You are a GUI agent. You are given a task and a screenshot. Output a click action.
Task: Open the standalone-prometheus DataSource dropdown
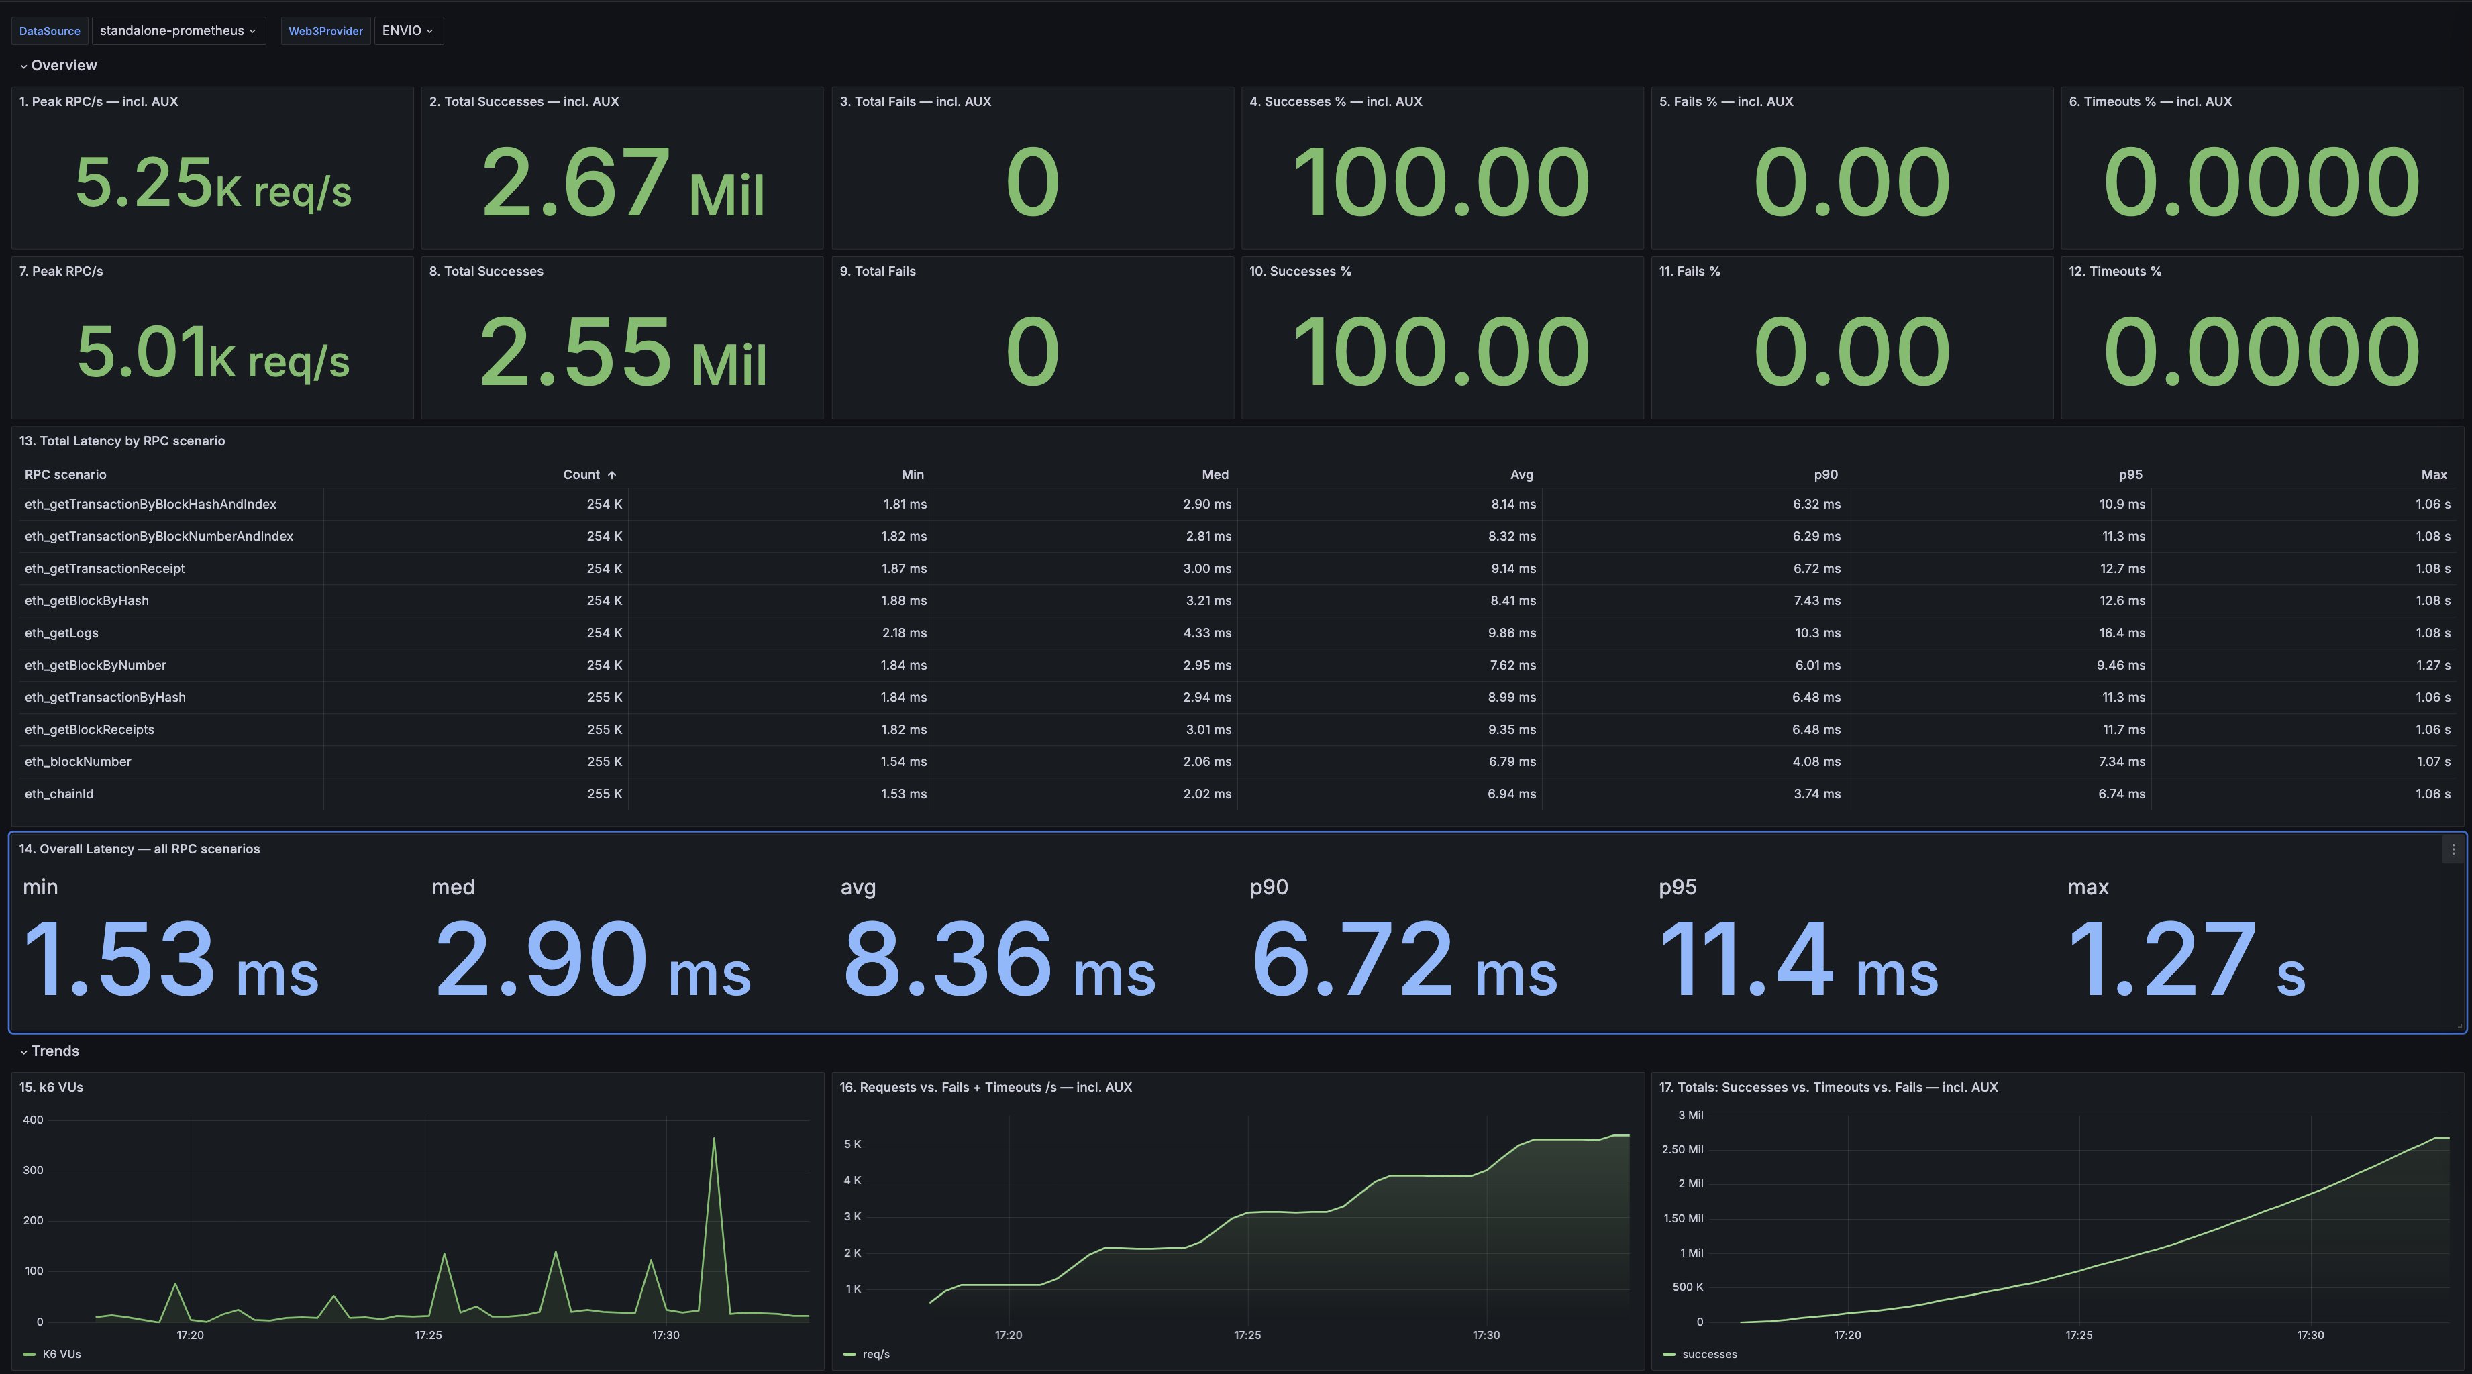(178, 31)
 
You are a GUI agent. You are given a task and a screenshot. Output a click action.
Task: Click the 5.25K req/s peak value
(213, 183)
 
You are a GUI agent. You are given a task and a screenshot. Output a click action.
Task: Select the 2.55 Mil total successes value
(622, 353)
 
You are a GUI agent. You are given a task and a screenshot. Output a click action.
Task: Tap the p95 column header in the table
(2129, 475)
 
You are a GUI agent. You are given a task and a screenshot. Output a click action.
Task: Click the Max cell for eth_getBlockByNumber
(2432, 665)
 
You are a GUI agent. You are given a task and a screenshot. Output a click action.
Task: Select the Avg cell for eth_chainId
(1510, 794)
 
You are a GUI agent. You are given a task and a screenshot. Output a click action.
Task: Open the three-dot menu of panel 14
(2453, 849)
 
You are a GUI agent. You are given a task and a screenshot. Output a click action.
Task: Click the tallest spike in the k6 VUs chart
(714, 1140)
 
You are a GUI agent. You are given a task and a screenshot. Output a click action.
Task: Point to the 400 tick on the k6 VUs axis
(33, 1120)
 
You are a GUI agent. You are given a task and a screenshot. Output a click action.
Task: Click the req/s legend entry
(875, 1354)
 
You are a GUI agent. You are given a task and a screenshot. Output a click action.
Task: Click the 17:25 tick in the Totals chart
(2079, 1334)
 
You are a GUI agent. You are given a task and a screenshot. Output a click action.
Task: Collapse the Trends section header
(55, 1051)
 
